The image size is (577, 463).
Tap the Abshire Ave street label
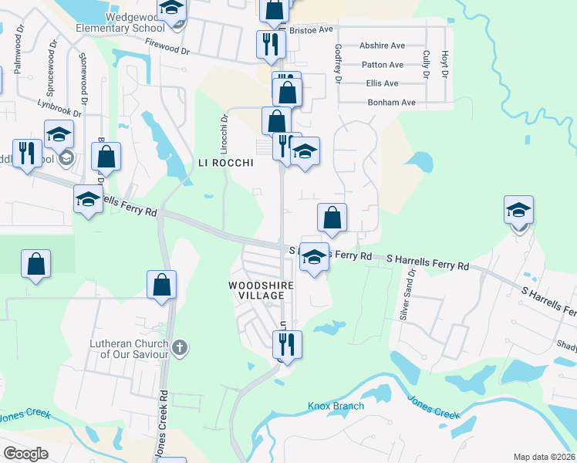point(382,46)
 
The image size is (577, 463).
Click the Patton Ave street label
point(383,65)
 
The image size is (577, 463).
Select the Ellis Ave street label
point(383,83)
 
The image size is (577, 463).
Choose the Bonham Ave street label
point(392,102)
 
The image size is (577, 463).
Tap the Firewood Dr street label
point(167,49)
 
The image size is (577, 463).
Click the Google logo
point(26,453)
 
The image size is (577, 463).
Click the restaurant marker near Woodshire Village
point(286,344)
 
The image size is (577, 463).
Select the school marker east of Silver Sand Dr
point(518,210)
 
